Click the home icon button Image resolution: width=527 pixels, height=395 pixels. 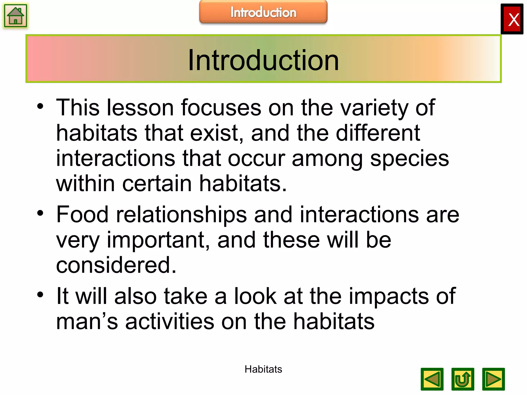tap(15, 16)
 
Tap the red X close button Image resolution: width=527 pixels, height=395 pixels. tap(512, 19)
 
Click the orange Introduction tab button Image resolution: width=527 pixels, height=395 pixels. tap(263, 12)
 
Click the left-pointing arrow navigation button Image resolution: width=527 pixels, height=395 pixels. tap(432, 379)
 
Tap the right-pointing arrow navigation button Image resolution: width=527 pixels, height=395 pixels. tap(493, 379)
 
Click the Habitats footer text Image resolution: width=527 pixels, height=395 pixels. tap(263, 369)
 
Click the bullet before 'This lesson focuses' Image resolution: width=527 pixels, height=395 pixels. tap(40, 106)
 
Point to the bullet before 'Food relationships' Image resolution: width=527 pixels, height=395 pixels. tap(40, 213)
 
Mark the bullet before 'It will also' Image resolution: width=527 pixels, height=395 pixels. tap(40, 295)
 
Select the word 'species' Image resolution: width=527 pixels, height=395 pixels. tap(409, 159)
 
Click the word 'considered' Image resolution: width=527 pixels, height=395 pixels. tap(116, 265)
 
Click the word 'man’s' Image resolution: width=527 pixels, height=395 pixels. tap(87, 321)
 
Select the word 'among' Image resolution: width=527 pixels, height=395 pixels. tap(327, 159)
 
